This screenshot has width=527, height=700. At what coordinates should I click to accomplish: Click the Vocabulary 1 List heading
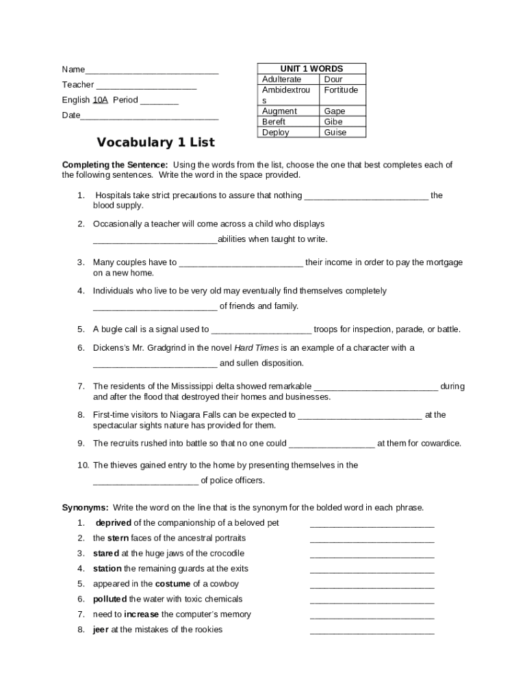(155, 142)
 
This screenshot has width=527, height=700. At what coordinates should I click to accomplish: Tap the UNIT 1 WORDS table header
(311, 69)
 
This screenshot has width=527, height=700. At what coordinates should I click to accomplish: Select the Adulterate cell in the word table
(281, 79)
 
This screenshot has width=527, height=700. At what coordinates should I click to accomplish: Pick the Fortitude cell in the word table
(341, 90)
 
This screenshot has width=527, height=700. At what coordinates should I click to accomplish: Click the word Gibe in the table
(333, 122)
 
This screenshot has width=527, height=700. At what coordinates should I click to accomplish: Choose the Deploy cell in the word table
(275, 133)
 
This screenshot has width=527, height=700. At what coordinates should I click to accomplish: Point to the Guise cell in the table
(335, 133)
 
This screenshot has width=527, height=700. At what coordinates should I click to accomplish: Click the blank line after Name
(152, 70)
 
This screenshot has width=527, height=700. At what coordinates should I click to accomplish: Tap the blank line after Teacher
(146, 85)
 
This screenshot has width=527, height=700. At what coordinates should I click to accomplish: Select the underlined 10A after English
(101, 100)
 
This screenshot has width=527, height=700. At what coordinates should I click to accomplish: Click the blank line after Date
(149, 116)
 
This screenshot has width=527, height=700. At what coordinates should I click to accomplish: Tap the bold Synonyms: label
(85, 507)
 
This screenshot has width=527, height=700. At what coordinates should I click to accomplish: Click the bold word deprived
(113, 523)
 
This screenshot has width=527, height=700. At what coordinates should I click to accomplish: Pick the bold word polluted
(110, 599)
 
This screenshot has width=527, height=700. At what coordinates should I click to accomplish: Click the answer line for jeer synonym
(372, 631)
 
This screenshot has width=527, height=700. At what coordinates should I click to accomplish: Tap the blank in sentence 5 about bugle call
(261, 330)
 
